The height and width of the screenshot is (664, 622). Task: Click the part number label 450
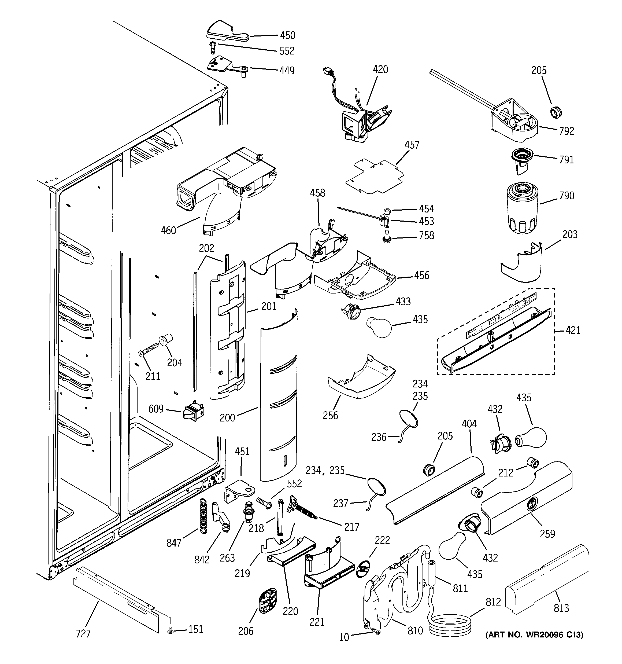[x=287, y=35]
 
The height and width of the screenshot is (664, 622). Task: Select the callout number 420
[x=380, y=69]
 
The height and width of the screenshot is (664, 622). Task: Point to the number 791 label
[x=566, y=160]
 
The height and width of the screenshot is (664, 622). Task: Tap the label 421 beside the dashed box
[x=573, y=331]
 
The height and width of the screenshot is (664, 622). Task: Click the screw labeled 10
[x=376, y=631]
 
